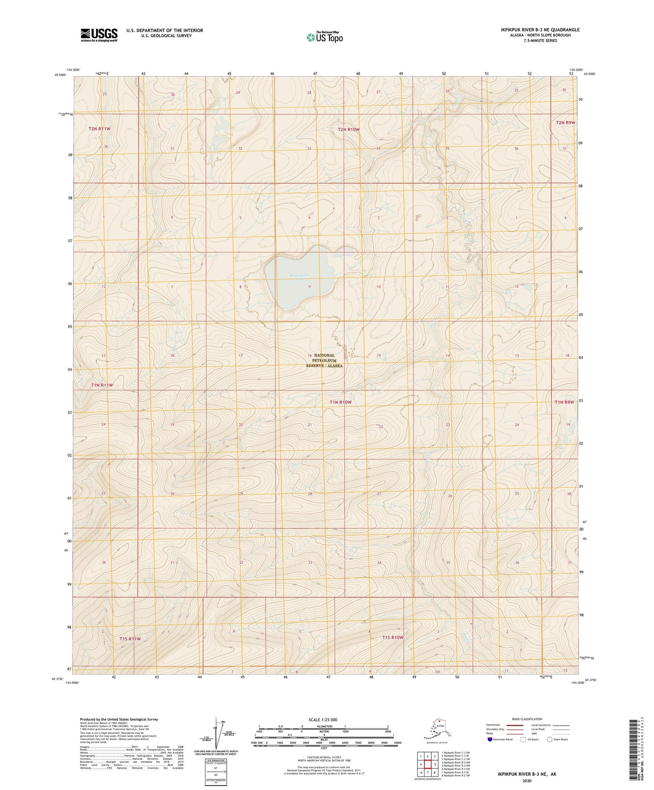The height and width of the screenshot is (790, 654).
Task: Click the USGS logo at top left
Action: [99, 35]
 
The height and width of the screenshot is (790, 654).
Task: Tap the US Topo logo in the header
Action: [325, 37]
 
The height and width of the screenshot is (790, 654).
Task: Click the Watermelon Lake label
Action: [300, 276]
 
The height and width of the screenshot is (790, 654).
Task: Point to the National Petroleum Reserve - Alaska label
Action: [324, 361]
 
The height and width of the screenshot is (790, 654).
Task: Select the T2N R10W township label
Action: [348, 129]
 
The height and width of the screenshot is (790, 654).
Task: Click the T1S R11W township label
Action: [130, 639]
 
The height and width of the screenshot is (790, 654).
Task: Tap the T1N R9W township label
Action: [564, 402]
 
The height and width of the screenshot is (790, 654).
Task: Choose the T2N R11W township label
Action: [100, 129]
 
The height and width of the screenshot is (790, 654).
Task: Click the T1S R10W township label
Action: [392, 638]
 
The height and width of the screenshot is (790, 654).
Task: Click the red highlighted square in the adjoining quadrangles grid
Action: [427, 765]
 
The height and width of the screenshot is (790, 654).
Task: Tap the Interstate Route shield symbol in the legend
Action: [490, 739]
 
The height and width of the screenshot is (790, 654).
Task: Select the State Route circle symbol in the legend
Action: [549, 739]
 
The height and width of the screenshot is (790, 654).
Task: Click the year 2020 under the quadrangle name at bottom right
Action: [527, 780]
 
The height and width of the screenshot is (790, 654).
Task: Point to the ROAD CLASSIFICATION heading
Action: [527, 719]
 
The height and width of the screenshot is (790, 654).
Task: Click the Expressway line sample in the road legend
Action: [515, 725]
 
